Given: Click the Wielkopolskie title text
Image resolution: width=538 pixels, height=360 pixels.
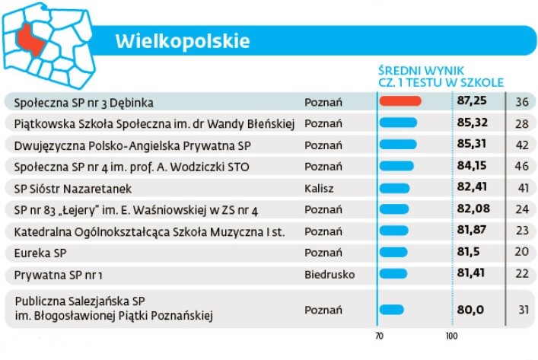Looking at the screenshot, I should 183,40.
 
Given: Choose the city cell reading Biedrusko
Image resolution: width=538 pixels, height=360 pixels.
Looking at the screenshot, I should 329,273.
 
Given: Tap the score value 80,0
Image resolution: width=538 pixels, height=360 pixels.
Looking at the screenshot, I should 470,309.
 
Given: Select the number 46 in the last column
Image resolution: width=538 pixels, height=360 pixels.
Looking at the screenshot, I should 521,165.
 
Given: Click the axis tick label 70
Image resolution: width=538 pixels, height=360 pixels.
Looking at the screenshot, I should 379,336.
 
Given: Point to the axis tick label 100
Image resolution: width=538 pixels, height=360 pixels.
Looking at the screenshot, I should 451,336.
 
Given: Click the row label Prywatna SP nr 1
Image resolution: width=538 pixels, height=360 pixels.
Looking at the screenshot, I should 58,273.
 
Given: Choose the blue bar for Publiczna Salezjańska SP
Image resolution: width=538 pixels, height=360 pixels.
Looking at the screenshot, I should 392,309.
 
